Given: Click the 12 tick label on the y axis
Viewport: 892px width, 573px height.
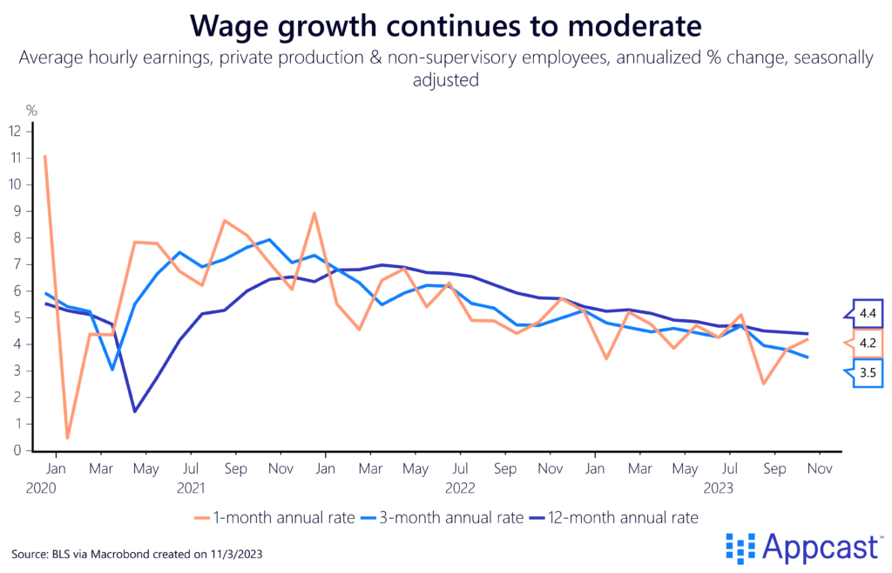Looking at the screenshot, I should click(x=14, y=130).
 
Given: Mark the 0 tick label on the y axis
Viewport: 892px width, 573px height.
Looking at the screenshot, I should click(x=16, y=451).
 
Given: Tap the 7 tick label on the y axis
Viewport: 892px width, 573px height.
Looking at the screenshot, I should click(x=16, y=263).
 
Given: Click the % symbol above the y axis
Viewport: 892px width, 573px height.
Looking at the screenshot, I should click(x=31, y=111).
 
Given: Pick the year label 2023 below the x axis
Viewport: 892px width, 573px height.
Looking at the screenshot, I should click(x=721, y=488).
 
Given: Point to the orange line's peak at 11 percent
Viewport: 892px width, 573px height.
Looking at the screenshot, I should click(x=44, y=156).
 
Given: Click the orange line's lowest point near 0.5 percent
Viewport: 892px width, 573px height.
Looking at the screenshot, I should click(x=67, y=438).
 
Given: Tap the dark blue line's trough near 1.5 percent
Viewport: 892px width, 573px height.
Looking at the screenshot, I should click(x=135, y=411).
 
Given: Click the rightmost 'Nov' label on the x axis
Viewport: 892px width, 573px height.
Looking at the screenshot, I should click(x=818, y=467).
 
